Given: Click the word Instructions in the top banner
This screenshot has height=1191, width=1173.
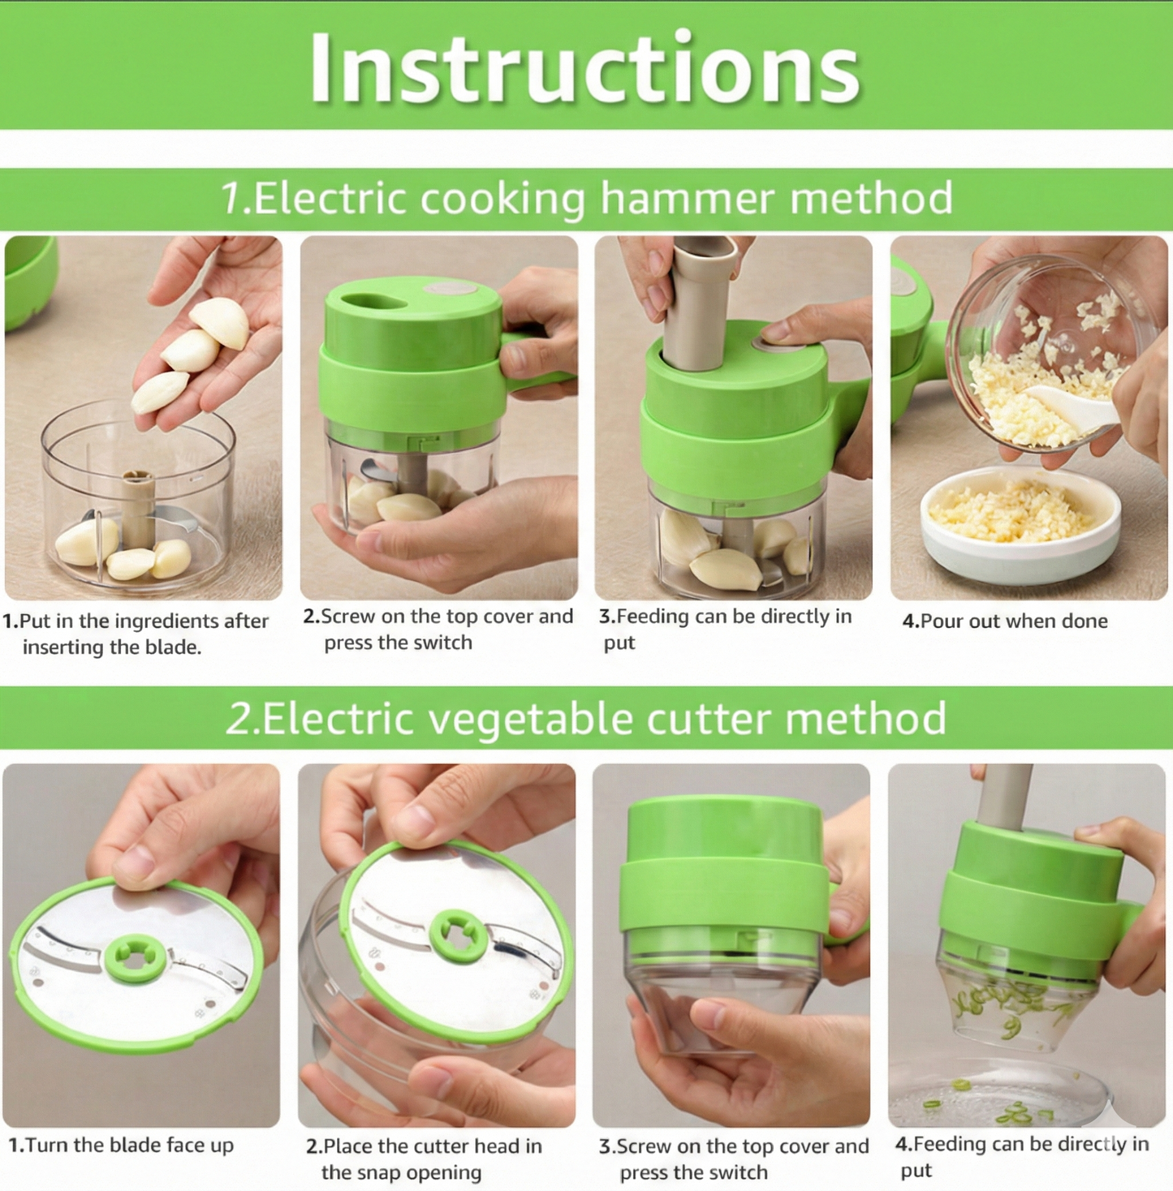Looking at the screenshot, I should [584, 69].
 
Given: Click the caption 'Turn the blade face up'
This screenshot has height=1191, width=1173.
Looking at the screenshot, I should [121, 1146].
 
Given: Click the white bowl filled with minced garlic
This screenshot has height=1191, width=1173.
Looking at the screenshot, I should [1020, 523].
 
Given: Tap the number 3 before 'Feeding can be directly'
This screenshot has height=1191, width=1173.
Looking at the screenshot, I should [605, 617].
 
